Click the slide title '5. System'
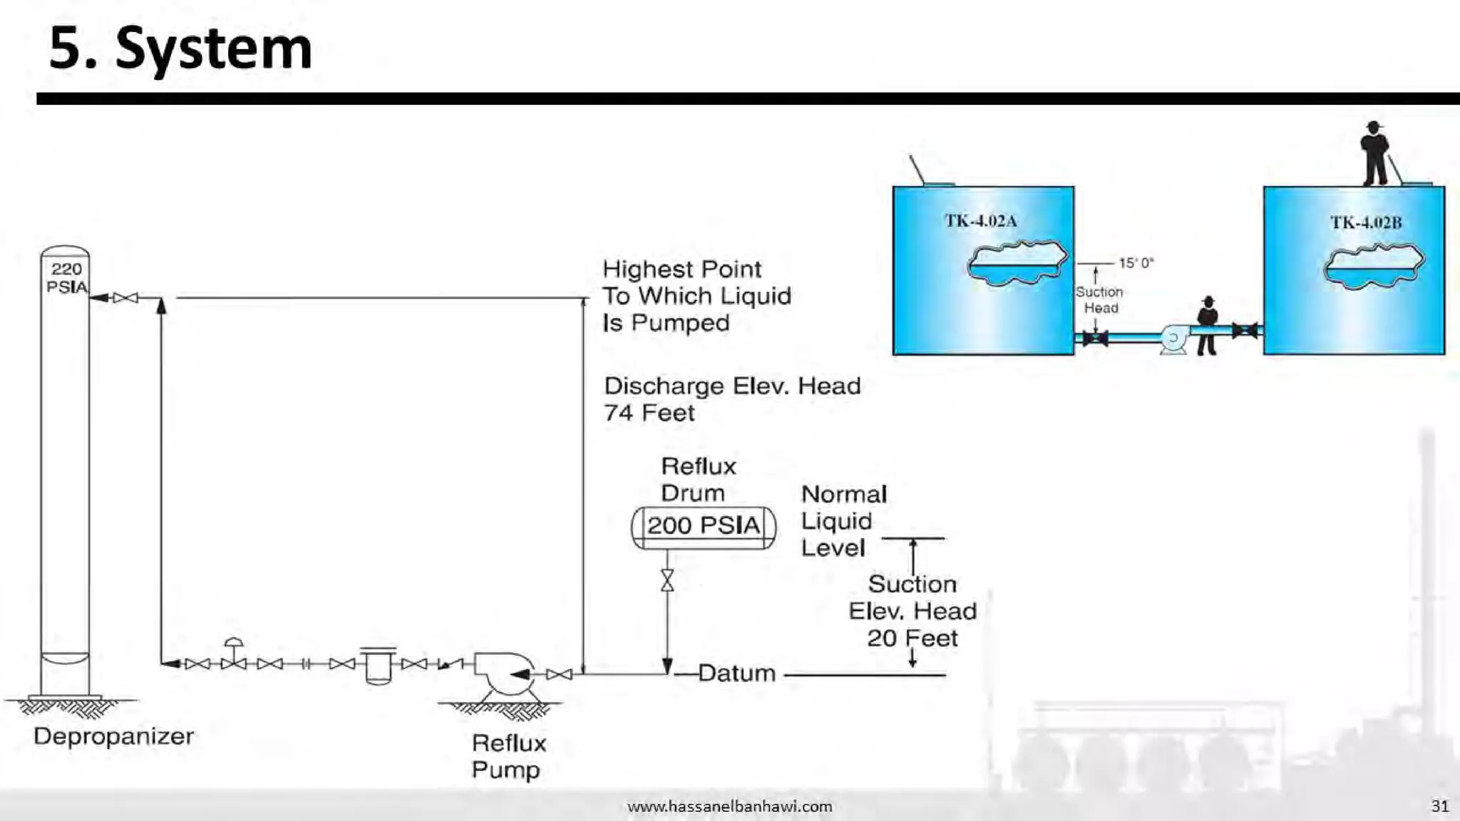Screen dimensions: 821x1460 coord(180,48)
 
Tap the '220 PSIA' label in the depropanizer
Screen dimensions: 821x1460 coord(66,278)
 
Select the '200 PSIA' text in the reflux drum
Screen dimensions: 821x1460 coord(704,526)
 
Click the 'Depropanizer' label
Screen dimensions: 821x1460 coord(113,736)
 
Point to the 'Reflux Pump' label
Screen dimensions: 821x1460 coord(508,756)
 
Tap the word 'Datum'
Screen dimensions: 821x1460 coord(736,673)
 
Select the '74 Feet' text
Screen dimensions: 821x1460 coord(649,413)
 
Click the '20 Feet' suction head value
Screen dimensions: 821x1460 coord(912,638)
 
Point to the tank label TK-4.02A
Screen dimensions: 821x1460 coord(981,221)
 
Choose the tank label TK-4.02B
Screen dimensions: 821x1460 coord(1366,222)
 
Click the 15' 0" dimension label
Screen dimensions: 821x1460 coord(1136,263)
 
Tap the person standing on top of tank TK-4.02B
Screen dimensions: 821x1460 coord(1374,154)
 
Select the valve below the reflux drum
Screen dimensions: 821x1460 coord(667,580)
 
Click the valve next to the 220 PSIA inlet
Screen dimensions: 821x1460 coord(125,298)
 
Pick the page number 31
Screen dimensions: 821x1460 coord(1440,806)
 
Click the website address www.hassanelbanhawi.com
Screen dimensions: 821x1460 coord(729,807)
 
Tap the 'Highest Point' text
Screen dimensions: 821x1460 coord(682,269)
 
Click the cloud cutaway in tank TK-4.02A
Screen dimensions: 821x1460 coord(1017,264)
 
